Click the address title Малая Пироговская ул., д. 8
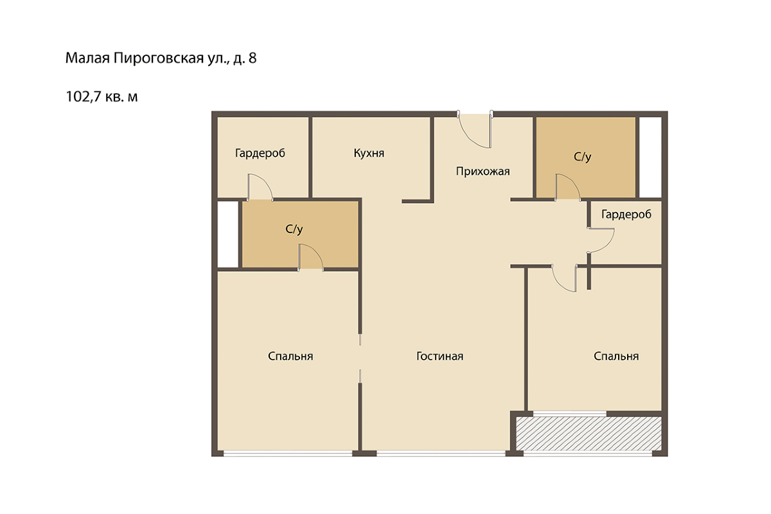pyautogui.click(x=161, y=58)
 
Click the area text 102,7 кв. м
pyautogui.click(x=102, y=97)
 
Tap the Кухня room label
pyautogui.click(x=369, y=153)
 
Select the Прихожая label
pyautogui.click(x=483, y=171)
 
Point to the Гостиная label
pyautogui.click(x=440, y=356)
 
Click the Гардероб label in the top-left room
pyautogui.click(x=260, y=153)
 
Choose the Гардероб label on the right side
pyautogui.click(x=626, y=215)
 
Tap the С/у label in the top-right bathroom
pyautogui.click(x=582, y=157)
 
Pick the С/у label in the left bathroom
pyautogui.click(x=294, y=229)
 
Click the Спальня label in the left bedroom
pyautogui.click(x=290, y=356)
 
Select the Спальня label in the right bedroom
pyautogui.click(x=616, y=356)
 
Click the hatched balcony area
pyautogui.click(x=589, y=434)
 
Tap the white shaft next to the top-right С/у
pyautogui.click(x=650, y=157)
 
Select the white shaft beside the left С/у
pyautogui.click(x=228, y=235)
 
